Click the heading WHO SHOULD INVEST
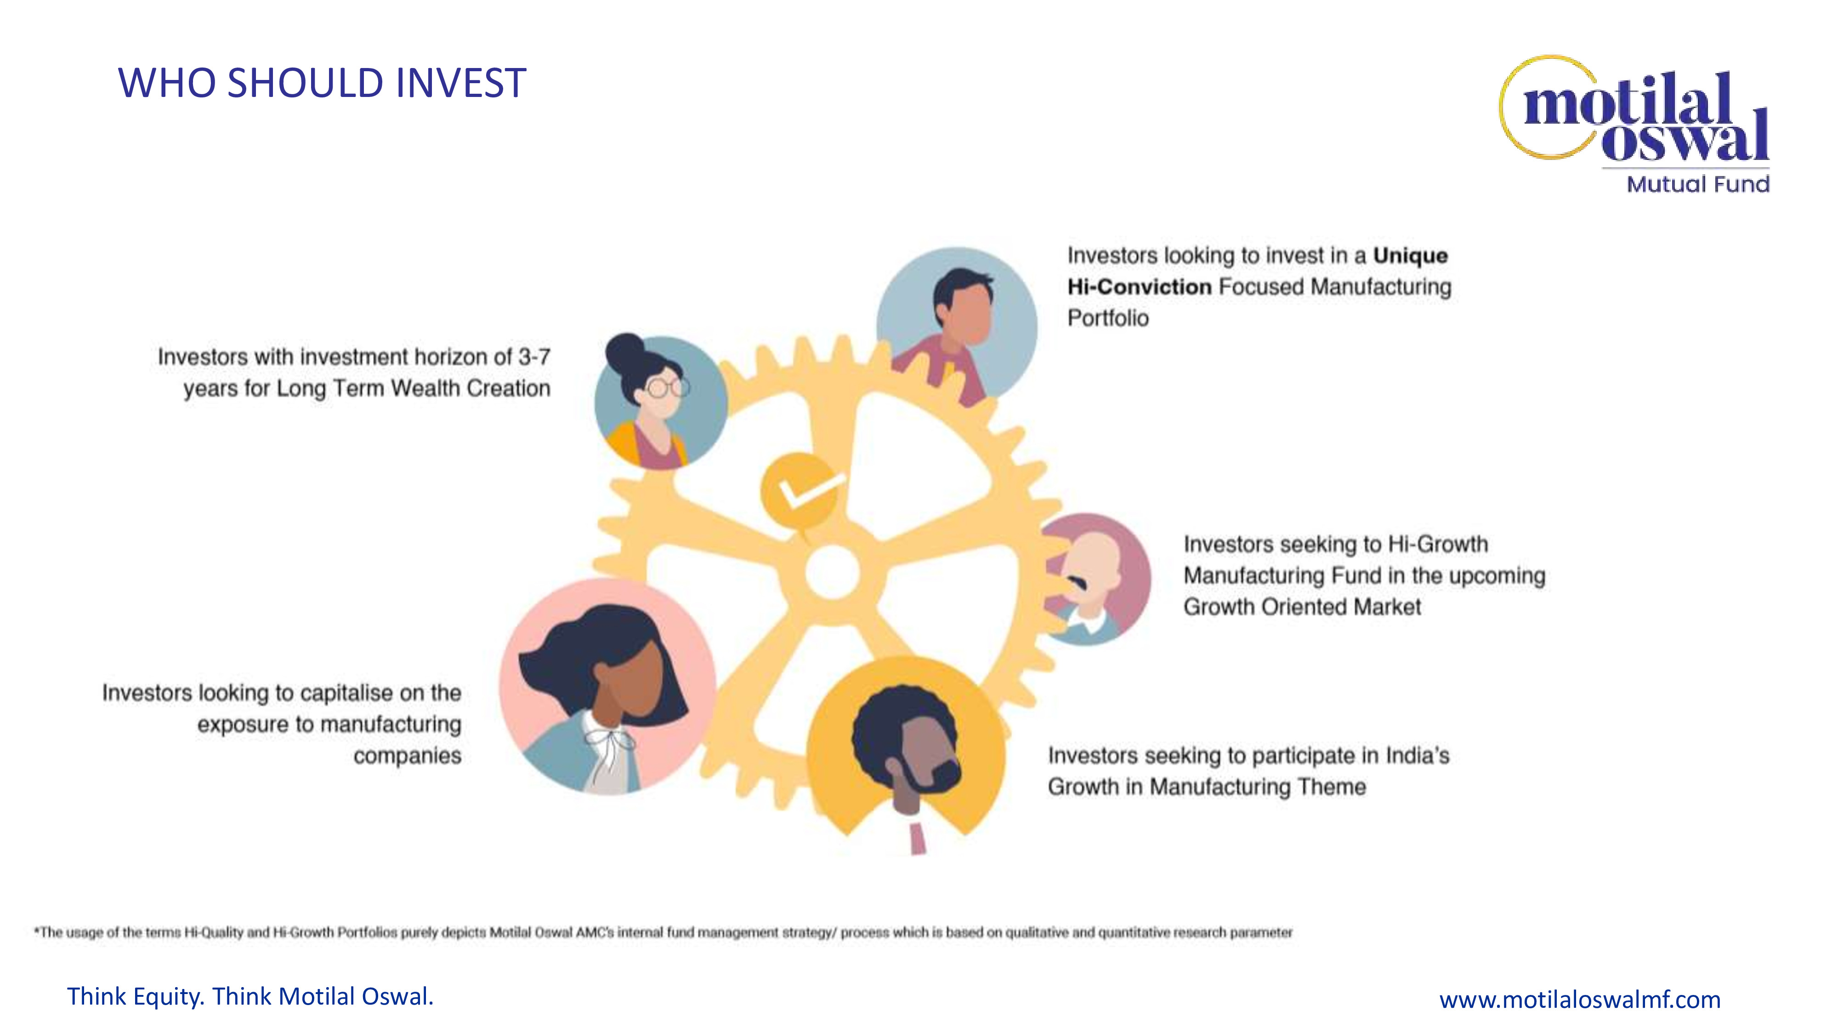[x=322, y=83]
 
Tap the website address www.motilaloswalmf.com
[x=1580, y=999]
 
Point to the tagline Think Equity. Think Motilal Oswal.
[x=250, y=996]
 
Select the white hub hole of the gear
[x=832, y=572]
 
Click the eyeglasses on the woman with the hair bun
[x=668, y=387]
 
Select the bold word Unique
[x=1411, y=256]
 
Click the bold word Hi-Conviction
[x=1140, y=287]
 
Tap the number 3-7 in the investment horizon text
[x=534, y=357]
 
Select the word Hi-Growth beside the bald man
[x=1438, y=545]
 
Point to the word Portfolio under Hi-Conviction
[x=1108, y=318]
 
